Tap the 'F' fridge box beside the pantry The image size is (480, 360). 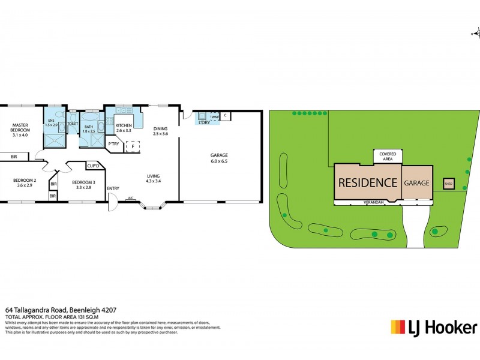133,146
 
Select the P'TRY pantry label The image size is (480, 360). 112,144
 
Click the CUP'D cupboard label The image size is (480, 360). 92,166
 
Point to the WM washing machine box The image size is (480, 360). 214,116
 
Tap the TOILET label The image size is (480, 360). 73,124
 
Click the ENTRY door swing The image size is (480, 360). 110,206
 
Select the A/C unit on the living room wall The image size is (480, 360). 130,198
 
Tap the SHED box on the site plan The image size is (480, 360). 448,184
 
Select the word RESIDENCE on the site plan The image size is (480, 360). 368,182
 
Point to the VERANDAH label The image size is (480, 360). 373,203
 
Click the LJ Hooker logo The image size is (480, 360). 434,327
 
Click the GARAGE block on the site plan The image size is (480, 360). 416,182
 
